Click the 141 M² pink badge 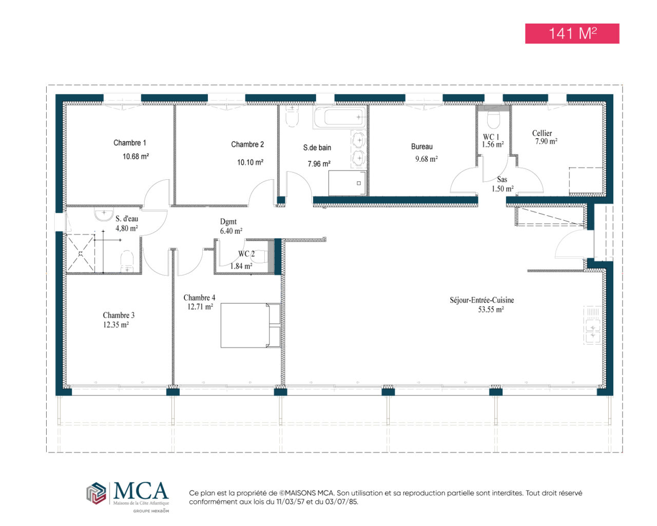tap(572, 33)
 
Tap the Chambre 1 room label tap(130, 143)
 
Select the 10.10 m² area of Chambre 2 tap(250, 162)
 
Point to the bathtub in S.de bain tap(339, 117)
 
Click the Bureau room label tap(421, 146)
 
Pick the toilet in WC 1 tap(493, 119)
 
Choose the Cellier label tap(542, 133)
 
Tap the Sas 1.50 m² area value tap(502, 189)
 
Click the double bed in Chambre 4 tap(250, 325)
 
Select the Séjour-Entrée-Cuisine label tap(482, 300)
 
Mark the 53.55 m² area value tap(491, 309)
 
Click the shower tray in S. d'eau tap(81, 253)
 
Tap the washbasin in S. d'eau tap(104, 214)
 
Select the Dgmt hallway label tap(228, 221)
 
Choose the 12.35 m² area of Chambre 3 tap(115, 325)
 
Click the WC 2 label tap(246, 254)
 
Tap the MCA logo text tap(141, 490)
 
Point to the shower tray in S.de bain tap(347, 183)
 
